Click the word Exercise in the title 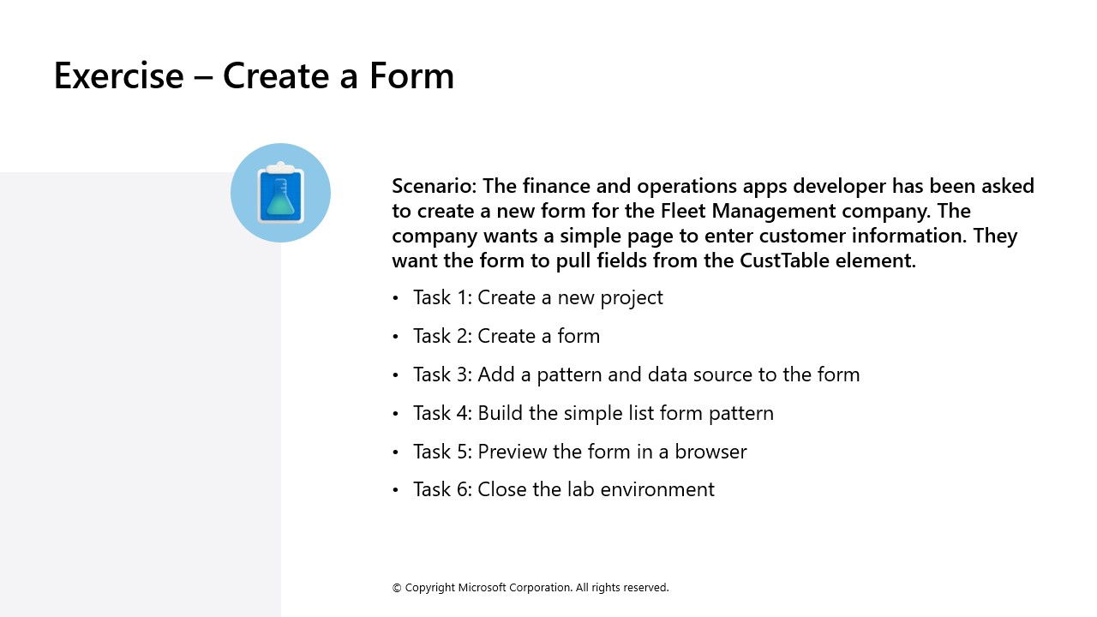(118, 75)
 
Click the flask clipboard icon (280, 193)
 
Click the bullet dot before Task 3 (395, 375)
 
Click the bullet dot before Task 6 (395, 490)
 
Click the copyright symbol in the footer (397, 588)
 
